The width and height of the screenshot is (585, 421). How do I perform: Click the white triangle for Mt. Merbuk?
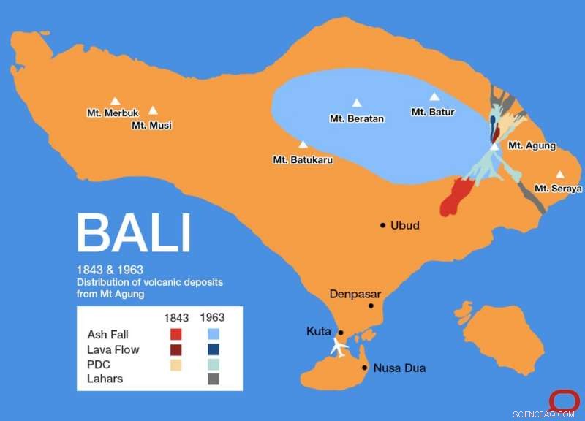point(115,102)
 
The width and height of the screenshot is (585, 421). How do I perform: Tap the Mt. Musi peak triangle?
point(153,110)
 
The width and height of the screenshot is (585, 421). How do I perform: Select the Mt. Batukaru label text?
point(302,159)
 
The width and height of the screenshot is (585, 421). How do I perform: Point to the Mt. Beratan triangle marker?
point(357,103)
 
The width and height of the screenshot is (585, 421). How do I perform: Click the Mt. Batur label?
point(433,112)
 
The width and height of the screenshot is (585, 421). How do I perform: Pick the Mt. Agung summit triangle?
point(495,146)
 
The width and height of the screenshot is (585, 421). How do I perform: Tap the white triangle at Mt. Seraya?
point(560,175)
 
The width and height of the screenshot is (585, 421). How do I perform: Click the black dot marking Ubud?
point(382,225)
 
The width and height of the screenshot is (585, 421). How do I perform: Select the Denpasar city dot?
point(371,306)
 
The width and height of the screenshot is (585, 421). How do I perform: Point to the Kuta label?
point(319,332)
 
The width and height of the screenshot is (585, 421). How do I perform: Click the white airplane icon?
point(339,346)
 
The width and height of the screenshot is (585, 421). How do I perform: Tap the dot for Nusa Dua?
point(365,368)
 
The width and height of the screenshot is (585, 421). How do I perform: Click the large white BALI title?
point(133,233)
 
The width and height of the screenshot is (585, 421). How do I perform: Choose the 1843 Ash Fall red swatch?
point(175,335)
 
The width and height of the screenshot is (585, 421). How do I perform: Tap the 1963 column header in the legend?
point(212,318)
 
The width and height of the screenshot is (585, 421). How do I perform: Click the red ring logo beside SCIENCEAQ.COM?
point(564,400)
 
